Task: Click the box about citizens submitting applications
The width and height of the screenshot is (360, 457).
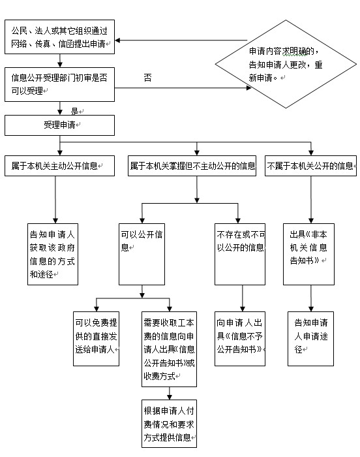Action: pos(61,38)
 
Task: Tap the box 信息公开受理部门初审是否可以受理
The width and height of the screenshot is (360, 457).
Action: pos(61,84)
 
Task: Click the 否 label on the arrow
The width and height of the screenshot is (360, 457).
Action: pos(147,78)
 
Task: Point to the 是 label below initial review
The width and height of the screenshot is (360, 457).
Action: pos(76,110)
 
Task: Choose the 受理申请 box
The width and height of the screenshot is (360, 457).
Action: pos(61,124)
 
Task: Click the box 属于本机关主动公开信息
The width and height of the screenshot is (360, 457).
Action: pos(61,166)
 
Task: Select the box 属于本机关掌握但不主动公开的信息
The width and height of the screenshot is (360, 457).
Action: pos(192,166)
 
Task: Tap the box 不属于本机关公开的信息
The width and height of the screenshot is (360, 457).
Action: pos(311,166)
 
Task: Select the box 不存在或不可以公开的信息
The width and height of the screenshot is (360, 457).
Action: pos(240,253)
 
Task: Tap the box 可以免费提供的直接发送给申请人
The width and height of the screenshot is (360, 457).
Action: pos(96,338)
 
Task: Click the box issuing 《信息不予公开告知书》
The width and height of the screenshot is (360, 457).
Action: pos(241,338)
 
